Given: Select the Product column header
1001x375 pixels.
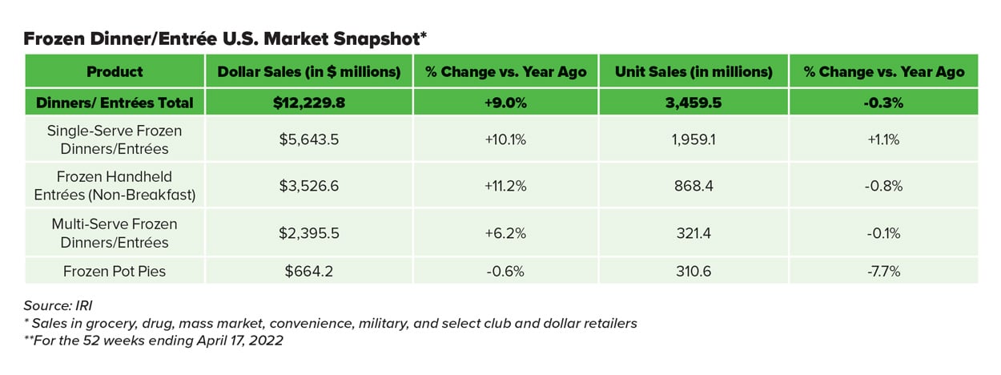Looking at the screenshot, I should (115, 71).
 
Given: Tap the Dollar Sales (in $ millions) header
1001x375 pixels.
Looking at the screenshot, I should (309, 71).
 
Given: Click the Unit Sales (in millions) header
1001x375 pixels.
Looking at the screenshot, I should (693, 71).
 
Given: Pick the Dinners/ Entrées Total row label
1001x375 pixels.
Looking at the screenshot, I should (115, 102).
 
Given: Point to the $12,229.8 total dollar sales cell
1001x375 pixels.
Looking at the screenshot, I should (309, 102).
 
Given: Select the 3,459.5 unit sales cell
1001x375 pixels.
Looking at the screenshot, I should (693, 102).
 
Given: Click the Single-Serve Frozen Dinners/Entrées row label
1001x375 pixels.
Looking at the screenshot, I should (115, 139).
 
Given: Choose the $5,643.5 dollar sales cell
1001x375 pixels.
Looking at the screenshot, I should (309, 139).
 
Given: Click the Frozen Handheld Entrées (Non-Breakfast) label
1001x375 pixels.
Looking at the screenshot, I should (115, 185).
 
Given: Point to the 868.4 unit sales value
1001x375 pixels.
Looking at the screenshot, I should (693, 185).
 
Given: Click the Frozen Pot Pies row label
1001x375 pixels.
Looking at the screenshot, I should (115, 271).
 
